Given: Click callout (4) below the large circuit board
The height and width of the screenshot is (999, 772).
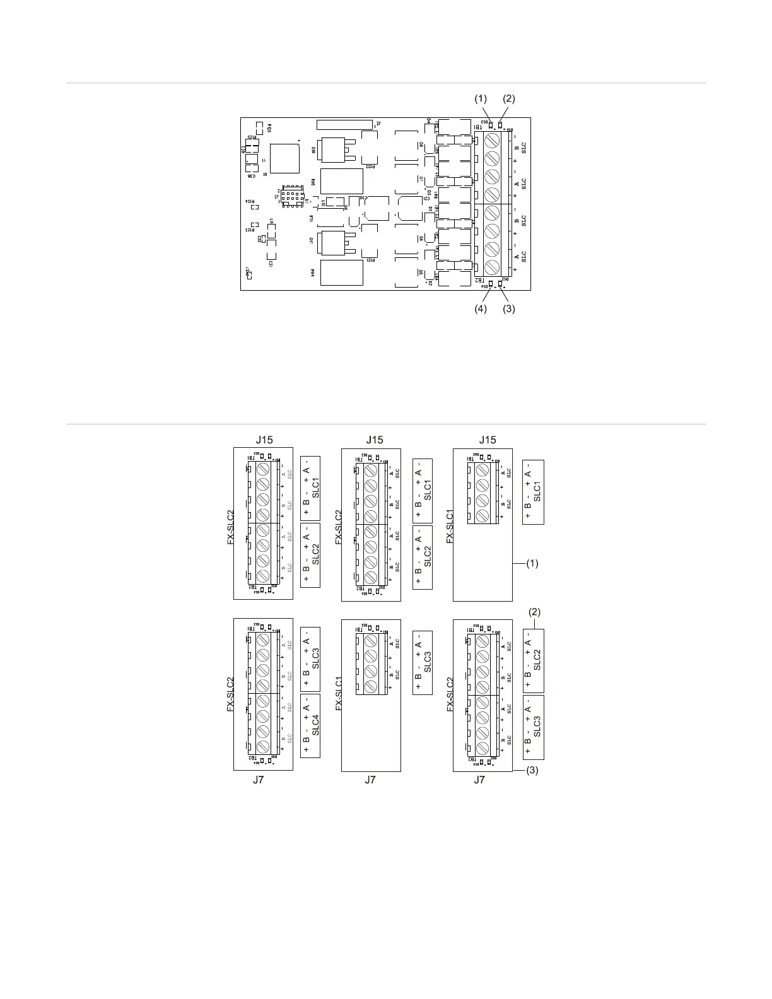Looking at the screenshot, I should pos(481,309).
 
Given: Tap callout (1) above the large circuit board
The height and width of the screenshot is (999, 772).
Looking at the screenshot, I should pos(481,99).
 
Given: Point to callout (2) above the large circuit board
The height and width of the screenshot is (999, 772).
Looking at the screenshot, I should pos(508,99).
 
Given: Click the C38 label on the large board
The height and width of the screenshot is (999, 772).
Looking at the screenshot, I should pos(252,176).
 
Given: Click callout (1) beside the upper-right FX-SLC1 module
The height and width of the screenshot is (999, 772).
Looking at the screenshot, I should pos(532,563).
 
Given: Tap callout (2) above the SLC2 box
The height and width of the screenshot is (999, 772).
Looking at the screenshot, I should pos(535,612).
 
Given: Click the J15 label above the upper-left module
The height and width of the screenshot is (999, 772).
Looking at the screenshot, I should pos(264,440).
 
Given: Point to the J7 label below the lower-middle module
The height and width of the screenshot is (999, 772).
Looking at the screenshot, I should pos(370,780).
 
